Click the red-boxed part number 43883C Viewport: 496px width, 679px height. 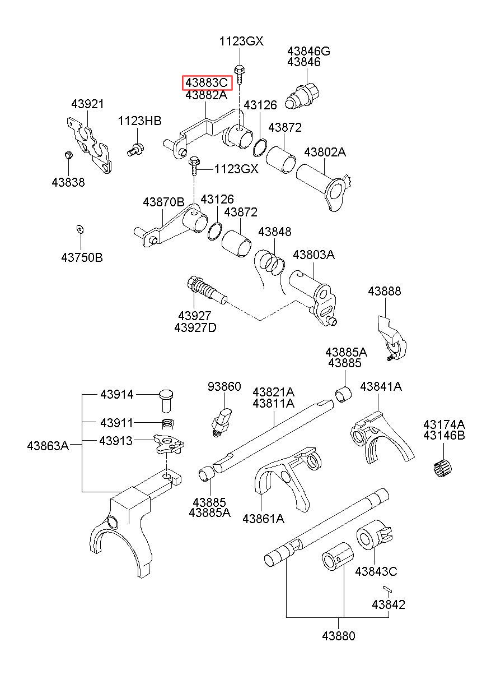(x=207, y=82)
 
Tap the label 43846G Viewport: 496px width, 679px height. (x=308, y=51)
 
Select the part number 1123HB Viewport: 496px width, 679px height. (x=139, y=121)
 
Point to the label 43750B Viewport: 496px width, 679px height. (x=82, y=258)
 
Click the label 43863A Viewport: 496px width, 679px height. (x=48, y=446)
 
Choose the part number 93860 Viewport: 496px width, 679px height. (x=224, y=386)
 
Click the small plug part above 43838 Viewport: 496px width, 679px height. (x=69, y=155)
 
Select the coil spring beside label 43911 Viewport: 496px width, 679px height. (x=168, y=423)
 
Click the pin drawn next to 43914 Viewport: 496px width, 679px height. (x=166, y=400)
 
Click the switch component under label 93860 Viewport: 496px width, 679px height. (x=222, y=422)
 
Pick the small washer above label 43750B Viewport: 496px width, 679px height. (x=80, y=229)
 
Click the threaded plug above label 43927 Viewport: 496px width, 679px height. (x=207, y=289)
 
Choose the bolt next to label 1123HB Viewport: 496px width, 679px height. (x=135, y=150)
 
